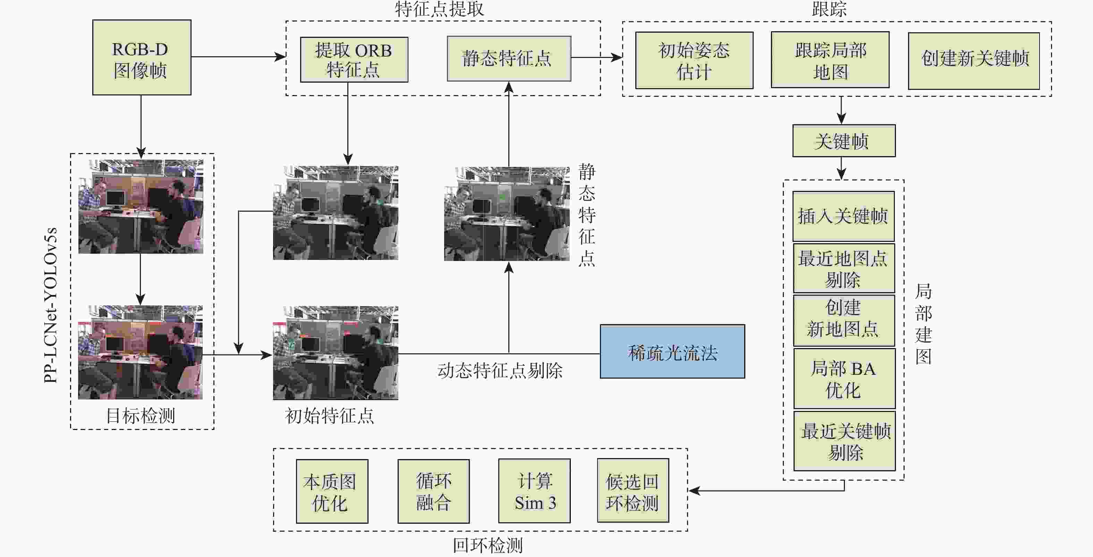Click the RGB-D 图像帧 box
tap(142, 58)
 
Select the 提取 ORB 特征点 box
tap(354, 60)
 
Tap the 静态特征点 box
tap(509, 59)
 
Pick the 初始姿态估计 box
tap(694, 60)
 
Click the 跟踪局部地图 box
tap(830, 60)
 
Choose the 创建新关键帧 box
tap(974, 61)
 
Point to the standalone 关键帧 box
tap(844, 141)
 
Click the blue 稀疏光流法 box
tap(672, 352)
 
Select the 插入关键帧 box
tap(844, 216)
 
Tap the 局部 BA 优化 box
tap(844, 379)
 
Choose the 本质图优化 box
tap(332, 491)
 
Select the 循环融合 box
tap(433, 491)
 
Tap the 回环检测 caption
tap(488, 545)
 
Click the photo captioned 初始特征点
tap(335, 353)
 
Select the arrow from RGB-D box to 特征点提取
tap(238, 57)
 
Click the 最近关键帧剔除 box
tap(844, 441)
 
